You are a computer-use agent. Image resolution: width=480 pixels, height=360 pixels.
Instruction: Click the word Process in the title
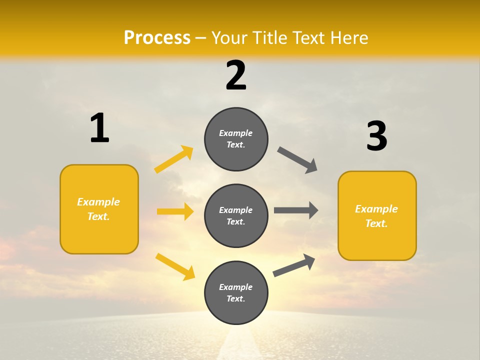point(157,38)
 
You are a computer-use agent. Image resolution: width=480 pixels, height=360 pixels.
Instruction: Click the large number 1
point(99,128)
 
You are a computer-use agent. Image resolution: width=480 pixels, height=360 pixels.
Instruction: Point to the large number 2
point(236,75)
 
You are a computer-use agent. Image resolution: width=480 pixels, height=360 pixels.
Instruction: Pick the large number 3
point(376,136)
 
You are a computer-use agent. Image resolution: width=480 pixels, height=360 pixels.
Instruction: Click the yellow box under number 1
point(99,209)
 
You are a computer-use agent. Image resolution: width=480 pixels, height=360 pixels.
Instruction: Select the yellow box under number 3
point(377,215)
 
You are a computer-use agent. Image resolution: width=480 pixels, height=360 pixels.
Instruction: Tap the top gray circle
point(236,139)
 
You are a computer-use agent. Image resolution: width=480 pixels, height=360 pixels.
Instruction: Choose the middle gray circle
point(236,215)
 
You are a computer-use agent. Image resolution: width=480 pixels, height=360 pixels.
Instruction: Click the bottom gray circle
point(236,292)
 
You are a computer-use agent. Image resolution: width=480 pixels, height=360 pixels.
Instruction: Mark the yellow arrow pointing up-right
point(174,159)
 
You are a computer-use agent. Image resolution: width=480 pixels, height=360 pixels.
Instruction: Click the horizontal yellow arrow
point(175,211)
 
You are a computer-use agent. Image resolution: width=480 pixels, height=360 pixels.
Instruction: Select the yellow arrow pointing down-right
point(175,266)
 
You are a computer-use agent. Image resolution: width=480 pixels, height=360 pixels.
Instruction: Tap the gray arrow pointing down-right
point(297,160)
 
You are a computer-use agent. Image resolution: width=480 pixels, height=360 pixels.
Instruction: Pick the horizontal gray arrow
point(296,210)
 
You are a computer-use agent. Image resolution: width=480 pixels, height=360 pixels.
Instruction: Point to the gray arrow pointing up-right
point(294,265)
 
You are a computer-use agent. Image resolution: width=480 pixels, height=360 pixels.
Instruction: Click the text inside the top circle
point(236,139)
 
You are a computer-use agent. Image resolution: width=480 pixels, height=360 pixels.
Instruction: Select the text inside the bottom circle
point(236,293)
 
